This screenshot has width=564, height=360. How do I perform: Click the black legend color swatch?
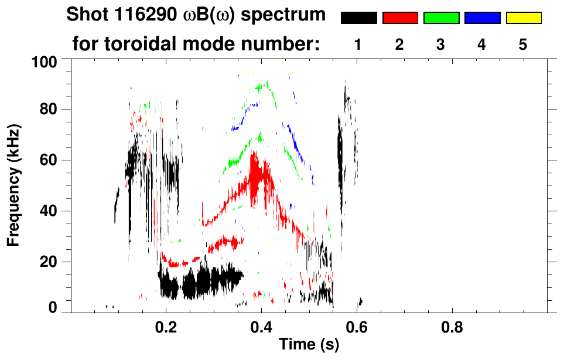(x=359, y=18)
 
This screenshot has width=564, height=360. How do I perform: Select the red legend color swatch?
(x=400, y=18)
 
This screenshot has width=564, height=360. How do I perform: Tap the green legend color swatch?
(x=441, y=18)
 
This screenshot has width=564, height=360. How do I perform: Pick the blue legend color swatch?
(x=482, y=18)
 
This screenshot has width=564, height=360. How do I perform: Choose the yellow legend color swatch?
(x=523, y=18)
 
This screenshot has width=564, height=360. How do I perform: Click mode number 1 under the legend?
(x=358, y=44)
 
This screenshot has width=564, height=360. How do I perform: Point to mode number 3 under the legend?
(x=440, y=44)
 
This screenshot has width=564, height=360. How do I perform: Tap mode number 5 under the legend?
(x=523, y=44)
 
